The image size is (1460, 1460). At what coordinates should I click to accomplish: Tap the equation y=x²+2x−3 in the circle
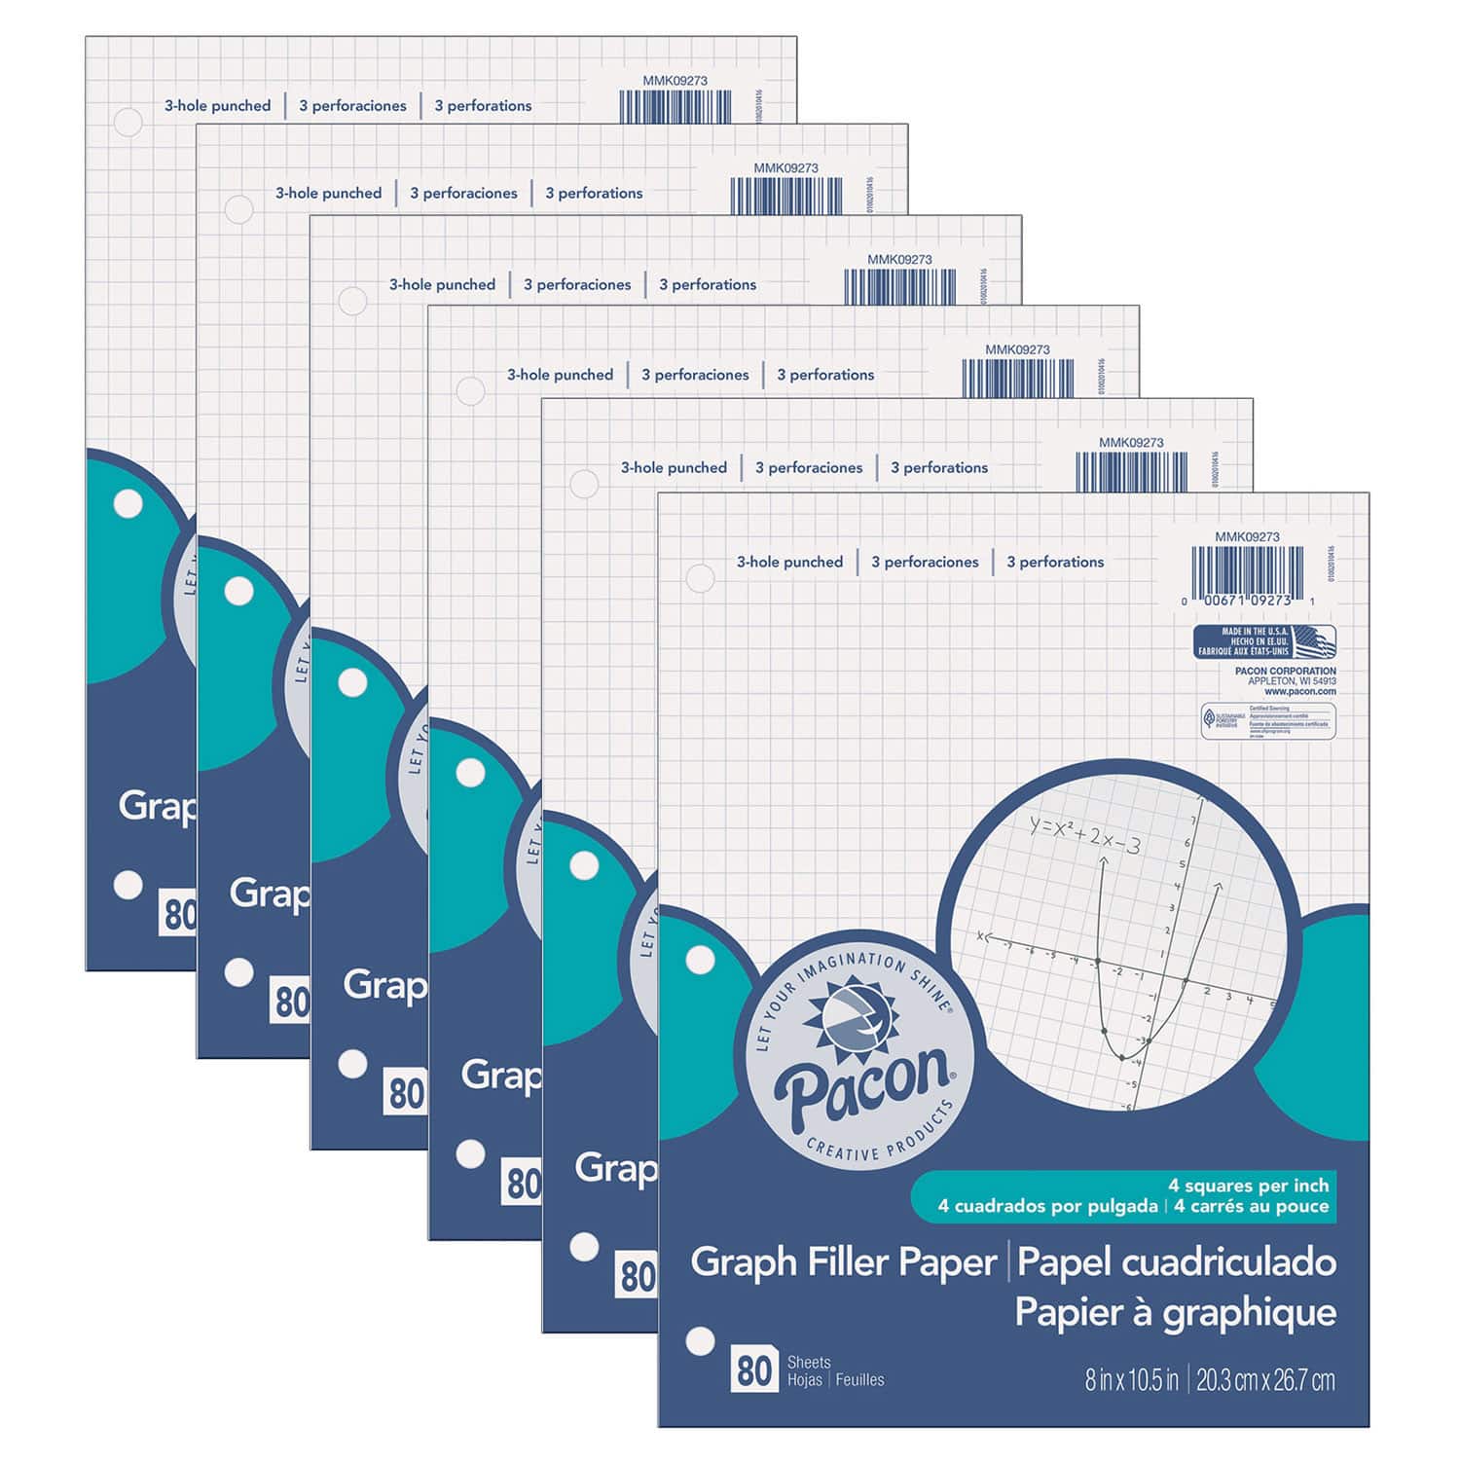[1084, 834]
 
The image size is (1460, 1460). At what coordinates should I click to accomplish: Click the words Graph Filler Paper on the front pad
[844, 1262]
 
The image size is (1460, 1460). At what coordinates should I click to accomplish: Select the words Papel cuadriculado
[1176, 1262]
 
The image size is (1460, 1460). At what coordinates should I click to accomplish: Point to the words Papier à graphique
[1175, 1312]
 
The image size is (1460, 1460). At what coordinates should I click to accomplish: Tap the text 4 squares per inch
[1248, 1186]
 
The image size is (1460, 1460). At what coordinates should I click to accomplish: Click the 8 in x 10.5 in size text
[1131, 1379]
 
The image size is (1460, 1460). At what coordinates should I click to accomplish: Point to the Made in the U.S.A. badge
[1264, 642]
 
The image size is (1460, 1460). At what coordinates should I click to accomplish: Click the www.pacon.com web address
[1300, 692]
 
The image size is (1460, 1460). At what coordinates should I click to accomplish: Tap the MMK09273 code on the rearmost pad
[675, 81]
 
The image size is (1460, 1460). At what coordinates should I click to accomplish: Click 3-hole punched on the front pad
[789, 562]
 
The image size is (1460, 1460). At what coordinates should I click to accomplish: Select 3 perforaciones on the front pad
[925, 562]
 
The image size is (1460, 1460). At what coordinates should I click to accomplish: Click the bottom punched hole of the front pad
[700, 1341]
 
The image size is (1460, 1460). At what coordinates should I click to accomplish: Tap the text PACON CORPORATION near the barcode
[1285, 671]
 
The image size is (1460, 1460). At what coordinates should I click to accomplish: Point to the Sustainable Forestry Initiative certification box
[1268, 720]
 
